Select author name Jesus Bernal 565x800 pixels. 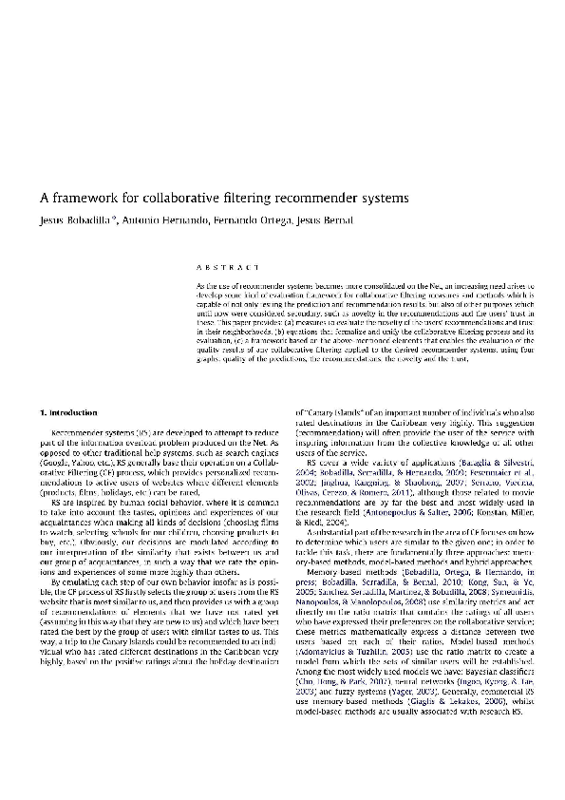pyautogui.click(x=273, y=220)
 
